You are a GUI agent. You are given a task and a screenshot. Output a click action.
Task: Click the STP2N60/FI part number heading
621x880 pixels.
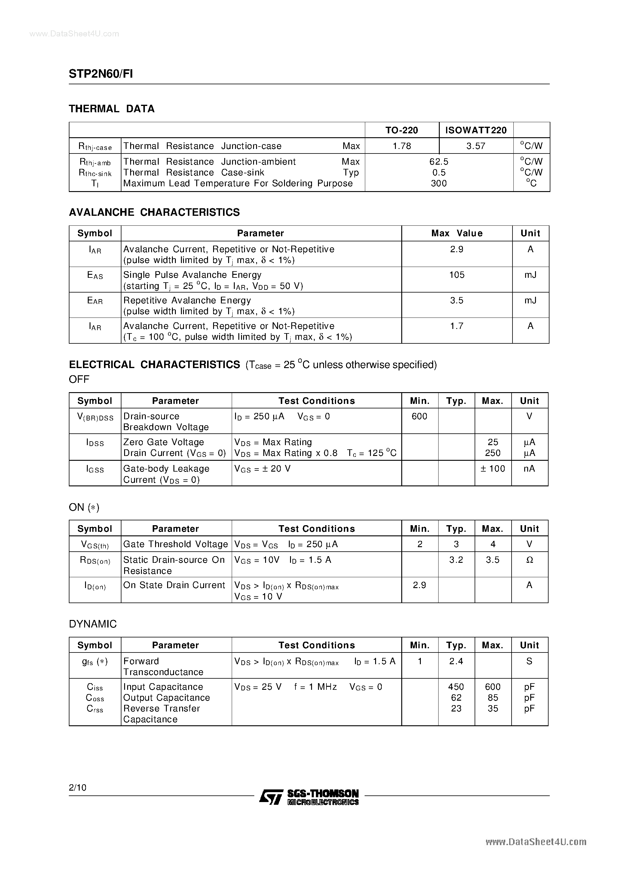(x=101, y=74)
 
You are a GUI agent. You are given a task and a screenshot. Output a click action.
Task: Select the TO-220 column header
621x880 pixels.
(x=401, y=130)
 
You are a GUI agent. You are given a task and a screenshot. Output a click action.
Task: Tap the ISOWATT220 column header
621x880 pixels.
(x=476, y=130)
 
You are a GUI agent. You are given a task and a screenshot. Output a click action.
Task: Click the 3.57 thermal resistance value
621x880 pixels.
(x=476, y=146)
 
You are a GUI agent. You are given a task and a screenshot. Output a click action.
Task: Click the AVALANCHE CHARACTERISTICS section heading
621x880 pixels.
(x=154, y=212)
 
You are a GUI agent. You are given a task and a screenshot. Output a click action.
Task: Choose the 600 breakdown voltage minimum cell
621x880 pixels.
(x=419, y=416)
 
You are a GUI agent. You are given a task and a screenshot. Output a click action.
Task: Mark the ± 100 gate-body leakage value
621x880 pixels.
(x=492, y=469)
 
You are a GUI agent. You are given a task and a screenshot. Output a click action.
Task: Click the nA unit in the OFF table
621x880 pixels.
(x=529, y=469)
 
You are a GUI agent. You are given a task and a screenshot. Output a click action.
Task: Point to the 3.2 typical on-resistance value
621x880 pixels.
(x=456, y=560)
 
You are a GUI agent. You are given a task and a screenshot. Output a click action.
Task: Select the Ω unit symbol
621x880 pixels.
(x=529, y=560)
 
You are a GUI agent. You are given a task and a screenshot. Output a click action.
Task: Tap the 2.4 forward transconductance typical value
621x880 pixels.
(x=456, y=661)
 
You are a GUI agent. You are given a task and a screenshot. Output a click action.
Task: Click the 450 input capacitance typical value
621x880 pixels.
(x=456, y=687)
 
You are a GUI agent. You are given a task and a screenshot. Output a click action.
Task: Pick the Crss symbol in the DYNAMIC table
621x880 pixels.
(x=95, y=709)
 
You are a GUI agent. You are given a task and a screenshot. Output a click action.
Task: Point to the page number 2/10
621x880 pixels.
(x=78, y=788)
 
